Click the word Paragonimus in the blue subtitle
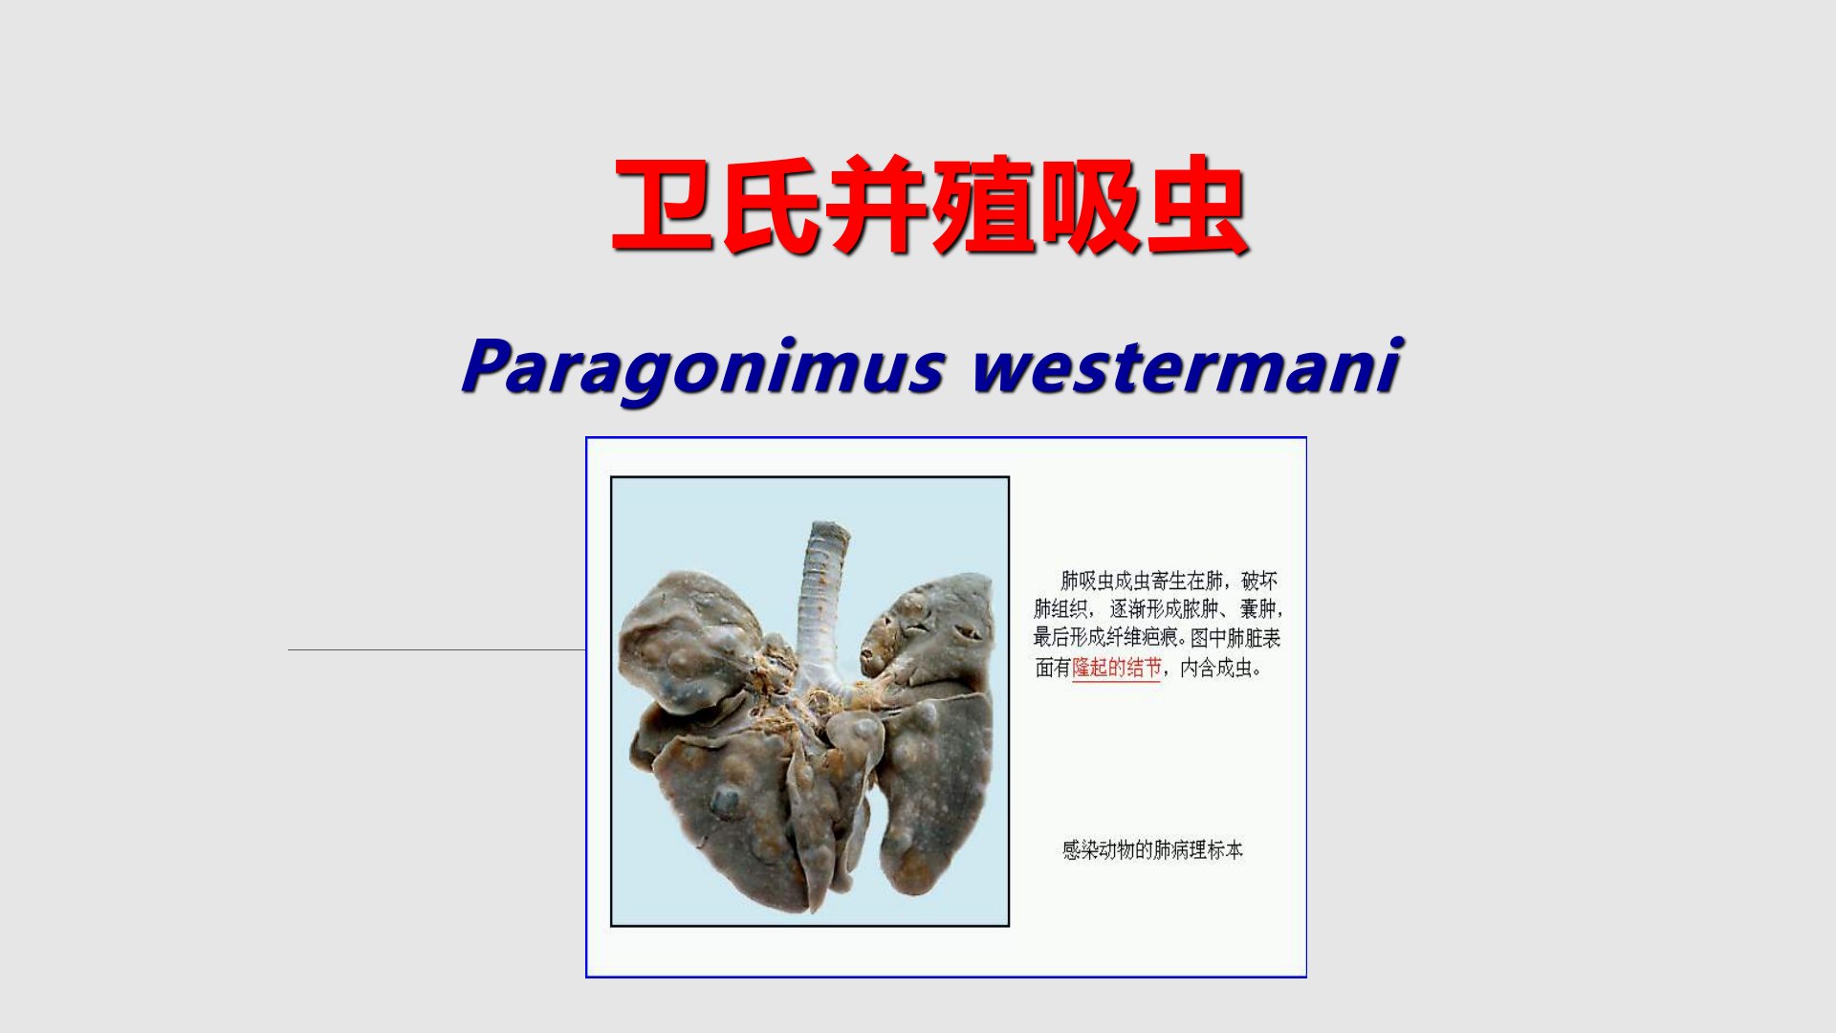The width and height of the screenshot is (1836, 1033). pyautogui.click(x=704, y=367)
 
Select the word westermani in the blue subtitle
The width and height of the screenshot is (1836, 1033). pyautogui.click(x=1187, y=365)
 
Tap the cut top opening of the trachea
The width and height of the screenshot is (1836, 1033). pyautogui.click(x=828, y=530)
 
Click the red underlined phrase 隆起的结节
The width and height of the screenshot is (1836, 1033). pyautogui.click(x=1116, y=668)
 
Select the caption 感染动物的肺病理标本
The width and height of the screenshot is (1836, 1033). pyautogui.click(x=1152, y=849)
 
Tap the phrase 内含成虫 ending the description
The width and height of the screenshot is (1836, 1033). pyautogui.click(x=1214, y=668)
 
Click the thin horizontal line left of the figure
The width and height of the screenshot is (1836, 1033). pyautogui.click(x=436, y=650)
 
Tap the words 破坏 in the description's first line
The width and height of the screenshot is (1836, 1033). pyautogui.click(x=1258, y=581)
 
